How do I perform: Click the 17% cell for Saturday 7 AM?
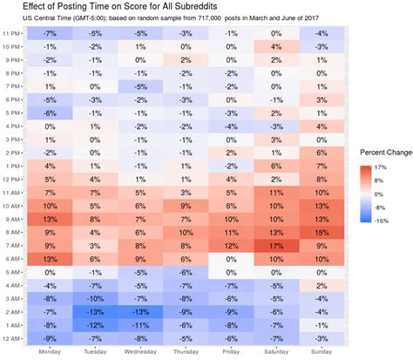[276, 246]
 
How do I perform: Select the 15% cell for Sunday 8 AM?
[322, 233]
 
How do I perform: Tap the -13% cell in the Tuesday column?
[95, 312]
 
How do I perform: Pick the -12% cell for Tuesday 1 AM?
[95, 325]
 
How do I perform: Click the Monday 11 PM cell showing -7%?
[50, 33]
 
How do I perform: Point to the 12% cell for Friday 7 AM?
[231, 246]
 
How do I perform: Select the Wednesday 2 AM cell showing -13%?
[140, 312]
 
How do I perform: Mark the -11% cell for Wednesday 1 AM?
[140, 325]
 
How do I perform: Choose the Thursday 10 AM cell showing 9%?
[186, 206]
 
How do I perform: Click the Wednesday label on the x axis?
[140, 352]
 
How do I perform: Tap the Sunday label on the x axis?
[322, 352]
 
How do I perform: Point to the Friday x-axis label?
[231, 352]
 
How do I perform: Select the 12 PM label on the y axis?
[11, 180]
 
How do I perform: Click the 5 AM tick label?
[12, 273]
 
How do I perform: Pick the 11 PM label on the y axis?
[11, 34]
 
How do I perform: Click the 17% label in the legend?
[381, 167]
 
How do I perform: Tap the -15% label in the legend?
[382, 221]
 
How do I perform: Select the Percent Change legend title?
[386, 153]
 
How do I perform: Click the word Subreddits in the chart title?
[196, 6]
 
